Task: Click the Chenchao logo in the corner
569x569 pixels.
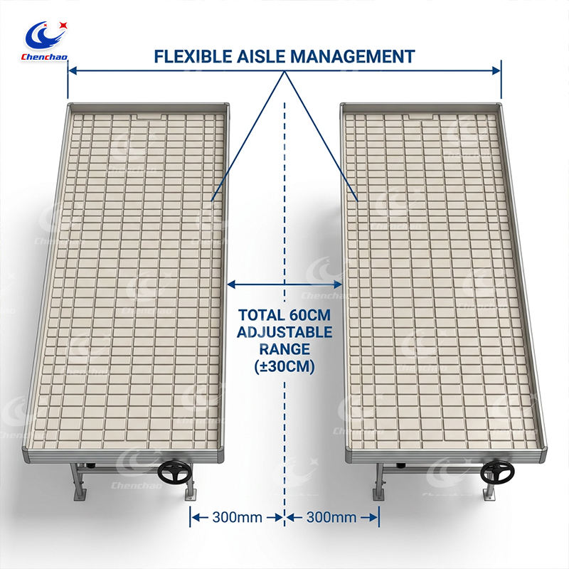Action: click(x=44, y=41)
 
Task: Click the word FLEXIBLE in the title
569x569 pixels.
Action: click(x=193, y=57)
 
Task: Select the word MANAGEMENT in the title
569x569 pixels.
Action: click(x=352, y=57)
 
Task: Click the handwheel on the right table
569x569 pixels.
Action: click(x=497, y=472)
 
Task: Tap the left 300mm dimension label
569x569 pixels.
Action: click(x=238, y=517)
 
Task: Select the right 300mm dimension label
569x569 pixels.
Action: click(x=331, y=517)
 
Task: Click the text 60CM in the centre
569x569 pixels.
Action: click(x=310, y=315)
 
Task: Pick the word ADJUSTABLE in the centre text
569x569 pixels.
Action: click(x=284, y=332)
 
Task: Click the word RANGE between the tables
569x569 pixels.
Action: click(x=284, y=349)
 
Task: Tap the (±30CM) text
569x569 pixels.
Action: click(x=284, y=366)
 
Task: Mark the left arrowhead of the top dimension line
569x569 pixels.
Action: click(x=73, y=70)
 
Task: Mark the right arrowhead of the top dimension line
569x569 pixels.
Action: click(x=496, y=70)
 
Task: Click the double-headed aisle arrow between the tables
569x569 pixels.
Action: click(x=284, y=284)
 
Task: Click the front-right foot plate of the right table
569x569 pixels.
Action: click(x=489, y=494)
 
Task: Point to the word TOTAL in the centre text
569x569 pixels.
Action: click(x=261, y=315)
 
